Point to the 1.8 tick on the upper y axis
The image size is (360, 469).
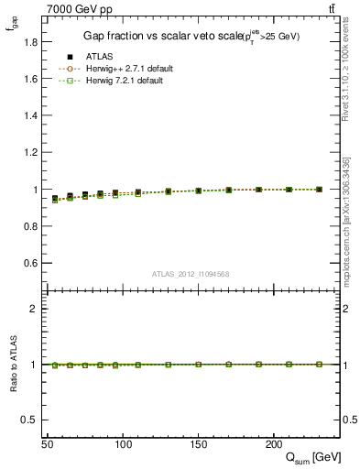[x=30, y=42]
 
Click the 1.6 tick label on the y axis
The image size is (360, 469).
[x=30, y=79]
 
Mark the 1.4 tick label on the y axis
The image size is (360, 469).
[x=30, y=115]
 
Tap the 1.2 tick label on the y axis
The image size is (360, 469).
[x=30, y=153]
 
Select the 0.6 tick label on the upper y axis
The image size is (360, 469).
[x=30, y=264]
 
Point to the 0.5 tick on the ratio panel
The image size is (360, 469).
[x=30, y=420]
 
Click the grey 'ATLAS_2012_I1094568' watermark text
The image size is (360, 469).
[x=191, y=274]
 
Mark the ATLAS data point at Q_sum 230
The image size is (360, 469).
[x=319, y=190]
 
